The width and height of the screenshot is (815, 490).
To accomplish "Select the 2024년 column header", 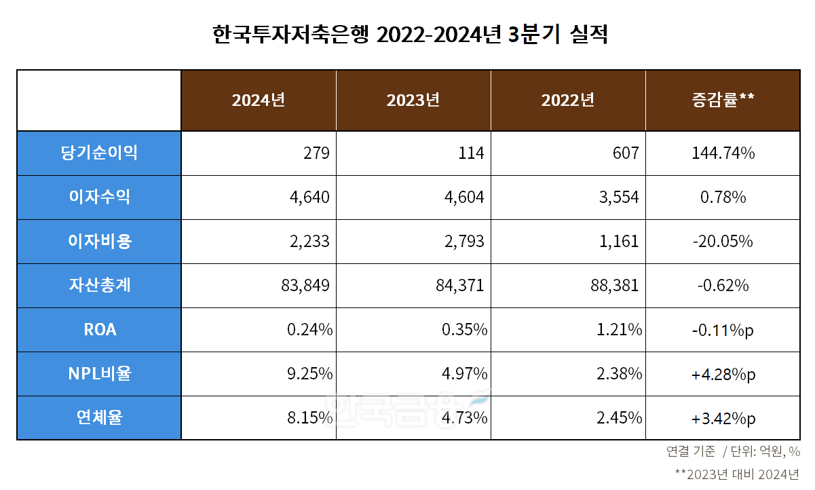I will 258,100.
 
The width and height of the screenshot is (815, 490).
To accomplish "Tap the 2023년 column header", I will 413,100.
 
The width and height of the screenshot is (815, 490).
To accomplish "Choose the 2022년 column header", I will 568,100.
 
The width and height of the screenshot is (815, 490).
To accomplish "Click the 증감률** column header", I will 723,100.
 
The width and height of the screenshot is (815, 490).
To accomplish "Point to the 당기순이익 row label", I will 99,153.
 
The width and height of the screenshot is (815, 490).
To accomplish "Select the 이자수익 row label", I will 99,197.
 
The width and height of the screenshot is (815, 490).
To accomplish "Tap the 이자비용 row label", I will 99,241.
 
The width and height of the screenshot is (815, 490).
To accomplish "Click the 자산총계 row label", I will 99,285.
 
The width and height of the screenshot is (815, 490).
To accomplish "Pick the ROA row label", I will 99,330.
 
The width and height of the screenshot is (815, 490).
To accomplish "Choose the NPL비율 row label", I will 99,373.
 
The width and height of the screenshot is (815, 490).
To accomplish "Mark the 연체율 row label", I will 99,417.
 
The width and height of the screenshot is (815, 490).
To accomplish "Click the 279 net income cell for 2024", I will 316,153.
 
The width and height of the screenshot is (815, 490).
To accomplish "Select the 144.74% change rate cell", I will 723,153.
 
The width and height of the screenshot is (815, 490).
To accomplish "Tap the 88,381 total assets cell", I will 615,286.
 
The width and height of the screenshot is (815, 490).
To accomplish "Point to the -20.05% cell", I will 723,242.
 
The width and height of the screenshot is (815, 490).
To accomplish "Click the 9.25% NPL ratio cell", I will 309,374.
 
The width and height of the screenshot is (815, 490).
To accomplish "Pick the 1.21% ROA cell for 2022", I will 619,330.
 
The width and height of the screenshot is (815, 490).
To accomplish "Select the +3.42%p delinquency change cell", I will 723,418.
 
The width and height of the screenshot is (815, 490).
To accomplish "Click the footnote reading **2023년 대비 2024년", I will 738,473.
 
